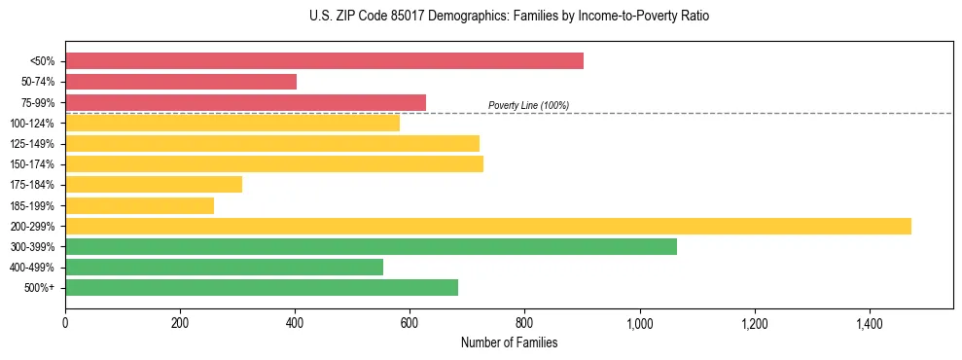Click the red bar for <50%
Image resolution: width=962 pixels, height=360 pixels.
coord(324,60)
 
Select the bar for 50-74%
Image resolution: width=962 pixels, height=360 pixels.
coord(181,82)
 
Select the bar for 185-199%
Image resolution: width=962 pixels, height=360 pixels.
coord(139,205)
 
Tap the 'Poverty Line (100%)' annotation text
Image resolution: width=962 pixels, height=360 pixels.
coord(528,105)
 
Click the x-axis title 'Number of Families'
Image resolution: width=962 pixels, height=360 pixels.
coord(509,342)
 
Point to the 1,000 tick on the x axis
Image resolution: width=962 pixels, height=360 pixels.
coord(639,323)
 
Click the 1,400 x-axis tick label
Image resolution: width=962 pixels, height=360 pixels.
coord(869,323)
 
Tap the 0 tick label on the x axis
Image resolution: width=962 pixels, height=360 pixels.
coord(65,323)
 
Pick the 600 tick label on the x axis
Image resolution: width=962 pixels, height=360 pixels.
coord(410,323)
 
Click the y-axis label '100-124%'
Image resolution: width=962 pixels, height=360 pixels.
coord(32,124)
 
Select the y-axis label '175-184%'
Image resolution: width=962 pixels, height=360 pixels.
coord(32,185)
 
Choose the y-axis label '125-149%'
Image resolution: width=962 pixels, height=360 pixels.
coord(32,144)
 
